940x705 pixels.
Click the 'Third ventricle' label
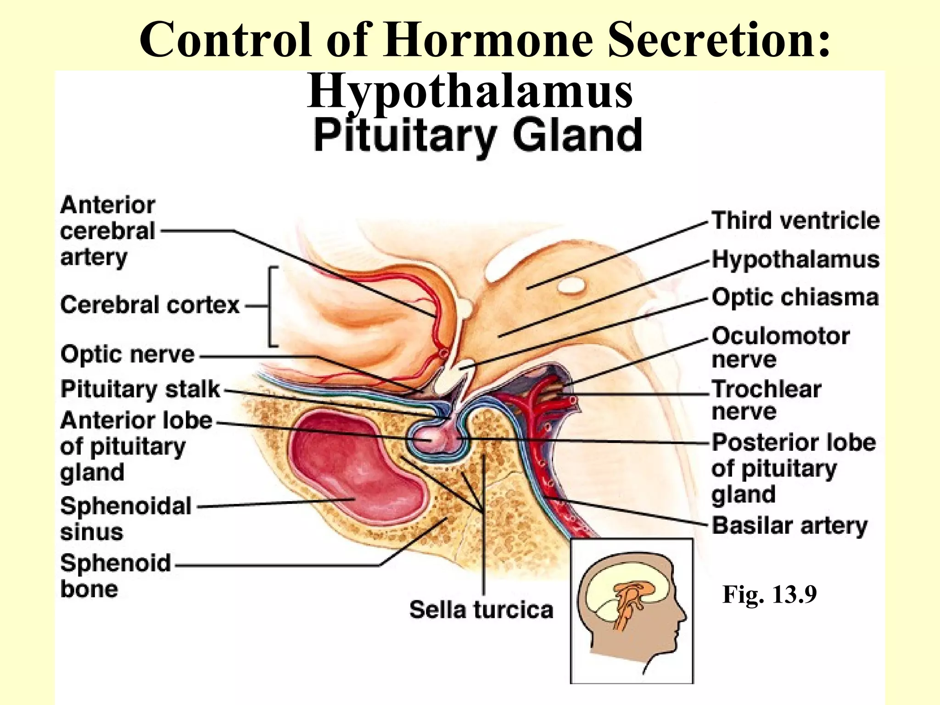[795, 221]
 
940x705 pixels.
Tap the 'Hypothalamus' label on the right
[795, 260]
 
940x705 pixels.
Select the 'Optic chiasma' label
[795, 297]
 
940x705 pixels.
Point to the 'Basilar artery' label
[789, 526]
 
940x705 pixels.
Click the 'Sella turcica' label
[481, 610]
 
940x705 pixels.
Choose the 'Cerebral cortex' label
[150, 305]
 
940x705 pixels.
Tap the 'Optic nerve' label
[128, 355]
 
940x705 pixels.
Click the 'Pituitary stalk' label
[140, 389]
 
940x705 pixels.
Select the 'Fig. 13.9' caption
[770, 594]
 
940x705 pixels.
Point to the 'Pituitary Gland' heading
[477, 135]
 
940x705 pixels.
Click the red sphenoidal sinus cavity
[353, 468]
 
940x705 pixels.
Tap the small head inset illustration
[632, 611]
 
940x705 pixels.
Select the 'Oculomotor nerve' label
[780, 347]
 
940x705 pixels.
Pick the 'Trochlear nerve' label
[767, 400]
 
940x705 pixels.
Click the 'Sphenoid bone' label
[115, 576]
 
